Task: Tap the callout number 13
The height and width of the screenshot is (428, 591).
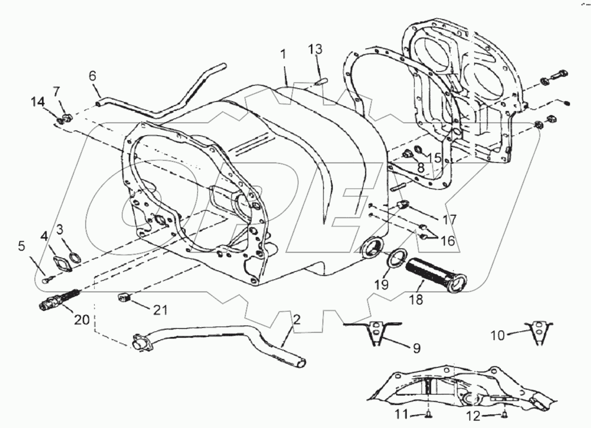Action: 315,49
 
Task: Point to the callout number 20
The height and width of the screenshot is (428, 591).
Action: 82,320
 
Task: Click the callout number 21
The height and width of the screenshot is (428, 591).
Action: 159,310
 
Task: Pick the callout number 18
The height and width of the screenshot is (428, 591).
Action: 416,300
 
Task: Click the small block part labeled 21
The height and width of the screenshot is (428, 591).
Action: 124,297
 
